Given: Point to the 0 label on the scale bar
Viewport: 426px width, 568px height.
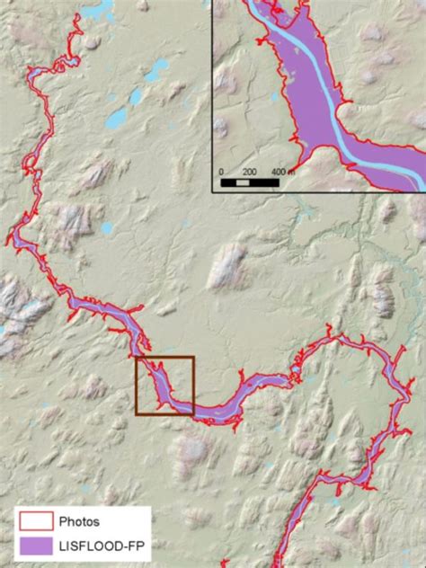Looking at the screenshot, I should click(x=221, y=171).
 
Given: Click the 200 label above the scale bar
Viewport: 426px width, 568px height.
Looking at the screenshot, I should click(x=251, y=171).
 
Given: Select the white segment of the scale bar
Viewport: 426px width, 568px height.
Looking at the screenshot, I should click(x=244, y=182).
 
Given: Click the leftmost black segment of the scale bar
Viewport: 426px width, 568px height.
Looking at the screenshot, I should click(x=228, y=182).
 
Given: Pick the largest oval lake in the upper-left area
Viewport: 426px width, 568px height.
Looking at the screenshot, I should click(x=117, y=119).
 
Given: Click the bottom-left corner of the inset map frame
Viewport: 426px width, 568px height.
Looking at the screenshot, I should click(x=213, y=192).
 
